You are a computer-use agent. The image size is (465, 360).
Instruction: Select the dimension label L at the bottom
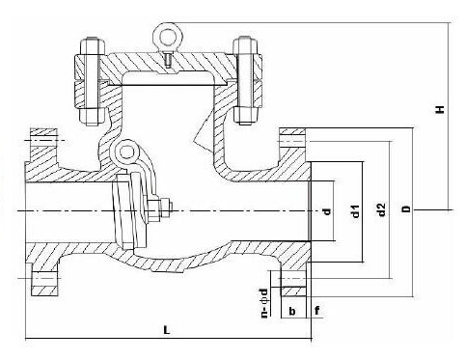coord(166,330)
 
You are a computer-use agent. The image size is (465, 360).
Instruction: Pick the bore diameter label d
coord(326,210)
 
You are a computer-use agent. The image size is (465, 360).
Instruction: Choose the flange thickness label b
coord(290,311)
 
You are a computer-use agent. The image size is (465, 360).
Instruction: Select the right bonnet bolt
coord(245,82)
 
